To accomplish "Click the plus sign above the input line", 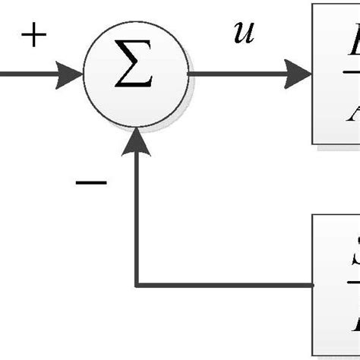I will click(33, 36).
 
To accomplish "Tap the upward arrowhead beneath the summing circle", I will click(137, 140).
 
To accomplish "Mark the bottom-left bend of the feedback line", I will click(137, 286).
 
